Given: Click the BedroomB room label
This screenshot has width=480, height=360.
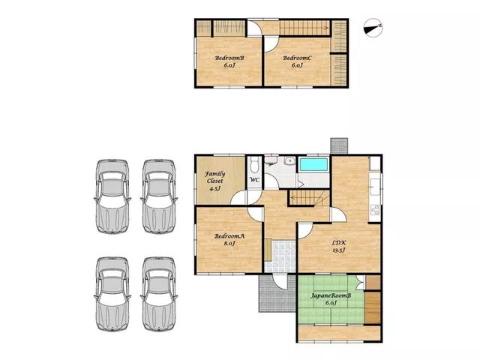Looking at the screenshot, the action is pyautogui.click(x=229, y=58).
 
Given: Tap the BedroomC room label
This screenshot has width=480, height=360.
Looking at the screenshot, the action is pyautogui.click(x=297, y=58).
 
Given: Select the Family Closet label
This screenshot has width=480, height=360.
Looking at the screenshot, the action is pyautogui.click(x=215, y=177).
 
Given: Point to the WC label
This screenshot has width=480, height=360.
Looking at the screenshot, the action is pyautogui.click(x=254, y=180).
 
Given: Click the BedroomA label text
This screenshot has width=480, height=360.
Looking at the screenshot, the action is pyautogui.click(x=229, y=236).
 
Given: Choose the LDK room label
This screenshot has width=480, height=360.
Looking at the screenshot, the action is pyautogui.click(x=339, y=243).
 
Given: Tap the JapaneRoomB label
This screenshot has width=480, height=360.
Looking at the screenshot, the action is pyautogui.click(x=331, y=295).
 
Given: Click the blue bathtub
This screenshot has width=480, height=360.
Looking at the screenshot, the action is pyautogui.click(x=313, y=164).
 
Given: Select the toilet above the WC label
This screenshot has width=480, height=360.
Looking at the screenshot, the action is pyautogui.click(x=254, y=165).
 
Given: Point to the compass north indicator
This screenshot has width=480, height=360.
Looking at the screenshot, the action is pyautogui.click(x=373, y=28).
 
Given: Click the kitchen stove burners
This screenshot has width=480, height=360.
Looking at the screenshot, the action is pyautogui.click(x=375, y=210).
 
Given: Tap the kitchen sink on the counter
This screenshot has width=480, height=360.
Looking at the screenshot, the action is pyautogui.click(x=374, y=187).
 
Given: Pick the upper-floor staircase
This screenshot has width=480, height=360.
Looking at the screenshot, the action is pyautogui.click(x=304, y=28).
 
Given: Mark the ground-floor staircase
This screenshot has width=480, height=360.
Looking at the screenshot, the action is pyautogui.click(x=309, y=197).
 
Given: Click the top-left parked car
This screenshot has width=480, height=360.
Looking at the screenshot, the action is pyautogui.click(x=112, y=196).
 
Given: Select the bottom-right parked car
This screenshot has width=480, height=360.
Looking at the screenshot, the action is pyautogui.click(x=159, y=294).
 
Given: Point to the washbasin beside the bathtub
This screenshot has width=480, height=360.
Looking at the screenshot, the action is pyautogui.click(x=289, y=161).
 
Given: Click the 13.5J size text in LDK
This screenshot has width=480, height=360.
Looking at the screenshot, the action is pyautogui.click(x=339, y=250).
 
